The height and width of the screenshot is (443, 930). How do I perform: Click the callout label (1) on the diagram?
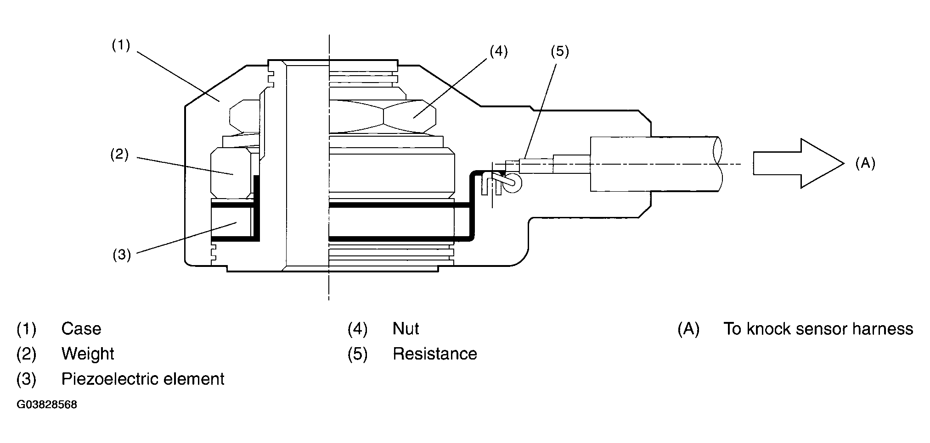(x=121, y=45)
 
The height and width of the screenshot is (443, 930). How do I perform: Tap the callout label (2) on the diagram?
(x=119, y=154)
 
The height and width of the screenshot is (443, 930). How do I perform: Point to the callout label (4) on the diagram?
(x=498, y=51)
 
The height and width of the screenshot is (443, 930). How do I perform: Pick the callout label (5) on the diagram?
(x=559, y=51)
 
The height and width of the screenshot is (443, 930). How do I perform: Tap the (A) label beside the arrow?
(x=865, y=163)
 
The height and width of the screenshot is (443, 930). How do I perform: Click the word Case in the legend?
(x=81, y=329)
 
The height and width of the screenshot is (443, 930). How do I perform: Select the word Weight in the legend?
(x=88, y=354)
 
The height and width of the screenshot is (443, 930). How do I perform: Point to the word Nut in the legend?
(x=406, y=329)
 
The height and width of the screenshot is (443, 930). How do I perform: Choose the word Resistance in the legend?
(x=434, y=354)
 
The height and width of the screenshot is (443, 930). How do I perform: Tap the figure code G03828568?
(x=47, y=405)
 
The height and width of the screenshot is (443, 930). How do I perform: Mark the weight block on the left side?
(x=231, y=173)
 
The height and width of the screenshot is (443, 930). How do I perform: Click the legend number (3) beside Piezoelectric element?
(x=26, y=379)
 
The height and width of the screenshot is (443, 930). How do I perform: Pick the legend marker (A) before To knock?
(x=688, y=329)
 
